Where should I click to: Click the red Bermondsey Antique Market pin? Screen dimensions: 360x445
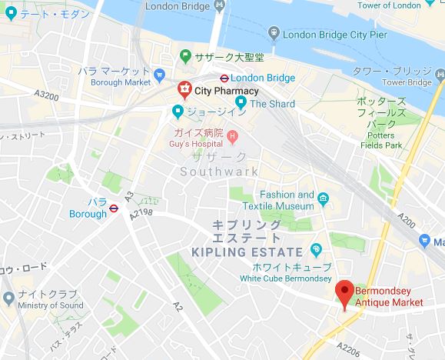345,292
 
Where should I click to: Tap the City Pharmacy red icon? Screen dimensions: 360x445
184,91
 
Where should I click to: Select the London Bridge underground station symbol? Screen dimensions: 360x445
222,78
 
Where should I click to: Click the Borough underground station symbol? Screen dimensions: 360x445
113,206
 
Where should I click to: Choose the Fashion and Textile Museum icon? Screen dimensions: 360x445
324,200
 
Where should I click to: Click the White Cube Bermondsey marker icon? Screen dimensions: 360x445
315,249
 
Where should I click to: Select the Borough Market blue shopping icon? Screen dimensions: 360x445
159,75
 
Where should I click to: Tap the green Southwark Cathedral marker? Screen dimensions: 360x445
185,56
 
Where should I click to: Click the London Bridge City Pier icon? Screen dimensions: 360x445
274,34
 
